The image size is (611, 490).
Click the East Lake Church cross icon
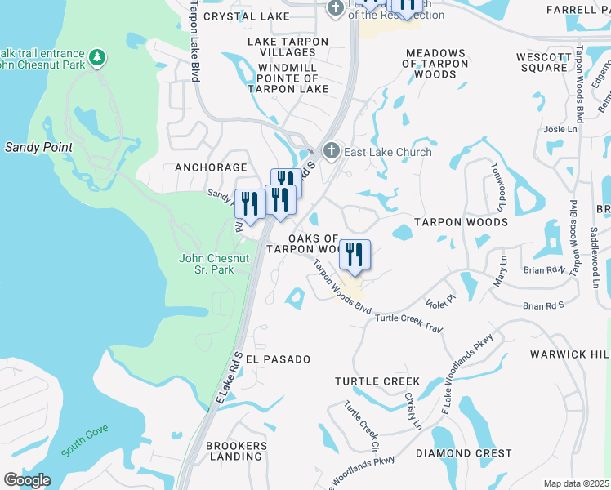[x=331, y=151]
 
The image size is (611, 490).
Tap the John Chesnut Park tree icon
[x=97, y=57]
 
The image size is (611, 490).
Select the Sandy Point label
[x=38, y=148]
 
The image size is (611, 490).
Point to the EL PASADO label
[x=278, y=359]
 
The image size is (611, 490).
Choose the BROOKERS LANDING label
[x=236, y=451]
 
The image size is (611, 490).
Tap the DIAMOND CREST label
[x=464, y=453]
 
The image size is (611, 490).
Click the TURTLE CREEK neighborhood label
[x=377, y=381]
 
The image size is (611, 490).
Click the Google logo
[x=27, y=480]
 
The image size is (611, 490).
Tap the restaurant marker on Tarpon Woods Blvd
[x=355, y=254]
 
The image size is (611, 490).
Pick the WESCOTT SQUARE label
[x=542, y=62]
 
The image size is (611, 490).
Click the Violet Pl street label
[x=439, y=302]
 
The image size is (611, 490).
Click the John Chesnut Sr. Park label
[x=214, y=264]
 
